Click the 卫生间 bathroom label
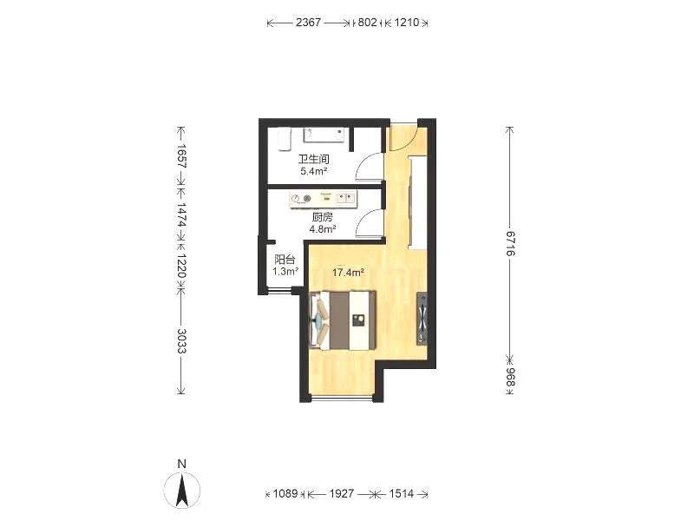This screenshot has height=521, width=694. click(313, 160)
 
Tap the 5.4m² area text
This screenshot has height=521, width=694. click(314, 171)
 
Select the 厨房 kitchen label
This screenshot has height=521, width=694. click(322, 218)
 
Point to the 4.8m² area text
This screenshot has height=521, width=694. click(323, 229)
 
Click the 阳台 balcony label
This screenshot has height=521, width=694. click(285, 260)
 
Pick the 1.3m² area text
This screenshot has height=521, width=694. click(285, 272)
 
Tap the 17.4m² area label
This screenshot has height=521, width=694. click(349, 273)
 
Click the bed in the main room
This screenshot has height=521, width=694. click(343, 320)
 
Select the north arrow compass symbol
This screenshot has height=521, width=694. click(182, 490)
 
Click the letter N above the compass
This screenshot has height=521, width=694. click(181, 464)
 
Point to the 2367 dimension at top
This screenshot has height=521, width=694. click(308, 23)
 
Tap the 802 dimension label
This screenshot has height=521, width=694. click(367, 23)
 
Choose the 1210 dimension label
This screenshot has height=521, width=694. click(406, 23)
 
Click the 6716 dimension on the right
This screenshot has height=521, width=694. click(510, 243)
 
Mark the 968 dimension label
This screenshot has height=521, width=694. click(510, 377)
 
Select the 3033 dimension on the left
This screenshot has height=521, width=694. click(181, 340)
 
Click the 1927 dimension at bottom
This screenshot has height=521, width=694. click(341, 493)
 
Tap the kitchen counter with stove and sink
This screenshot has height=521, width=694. click(323, 199)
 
